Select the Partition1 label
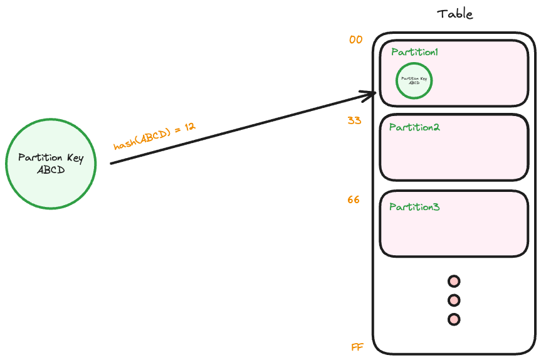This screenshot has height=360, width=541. pyautogui.click(x=414, y=52)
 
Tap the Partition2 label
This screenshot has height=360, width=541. pyautogui.click(x=414, y=127)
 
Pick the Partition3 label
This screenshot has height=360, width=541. pyautogui.click(x=414, y=207)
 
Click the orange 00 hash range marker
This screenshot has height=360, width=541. pyautogui.click(x=355, y=40)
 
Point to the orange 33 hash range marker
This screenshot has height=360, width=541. pyautogui.click(x=354, y=120)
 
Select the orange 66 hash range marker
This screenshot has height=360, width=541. pyautogui.click(x=354, y=200)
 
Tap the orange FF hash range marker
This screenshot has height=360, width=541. pyautogui.click(x=357, y=347)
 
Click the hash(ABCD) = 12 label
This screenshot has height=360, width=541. pyautogui.click(x=154, y=136)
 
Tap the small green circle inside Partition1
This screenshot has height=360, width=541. pyautogui.click(x=414, y=81)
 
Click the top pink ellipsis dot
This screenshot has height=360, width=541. pyautogui.click(x=454, y=281)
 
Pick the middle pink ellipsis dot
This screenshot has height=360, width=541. pyautogui.click(x=454, y=300)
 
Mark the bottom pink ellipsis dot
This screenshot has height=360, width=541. pyautogui.click(x=454, y=319)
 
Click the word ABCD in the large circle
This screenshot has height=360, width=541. pyautogui.click(x=51, y=170)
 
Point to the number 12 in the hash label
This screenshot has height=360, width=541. pyautogui.click(x=189, y=126)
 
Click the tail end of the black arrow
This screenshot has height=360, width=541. pyautogui.click(x=112, y=163)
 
